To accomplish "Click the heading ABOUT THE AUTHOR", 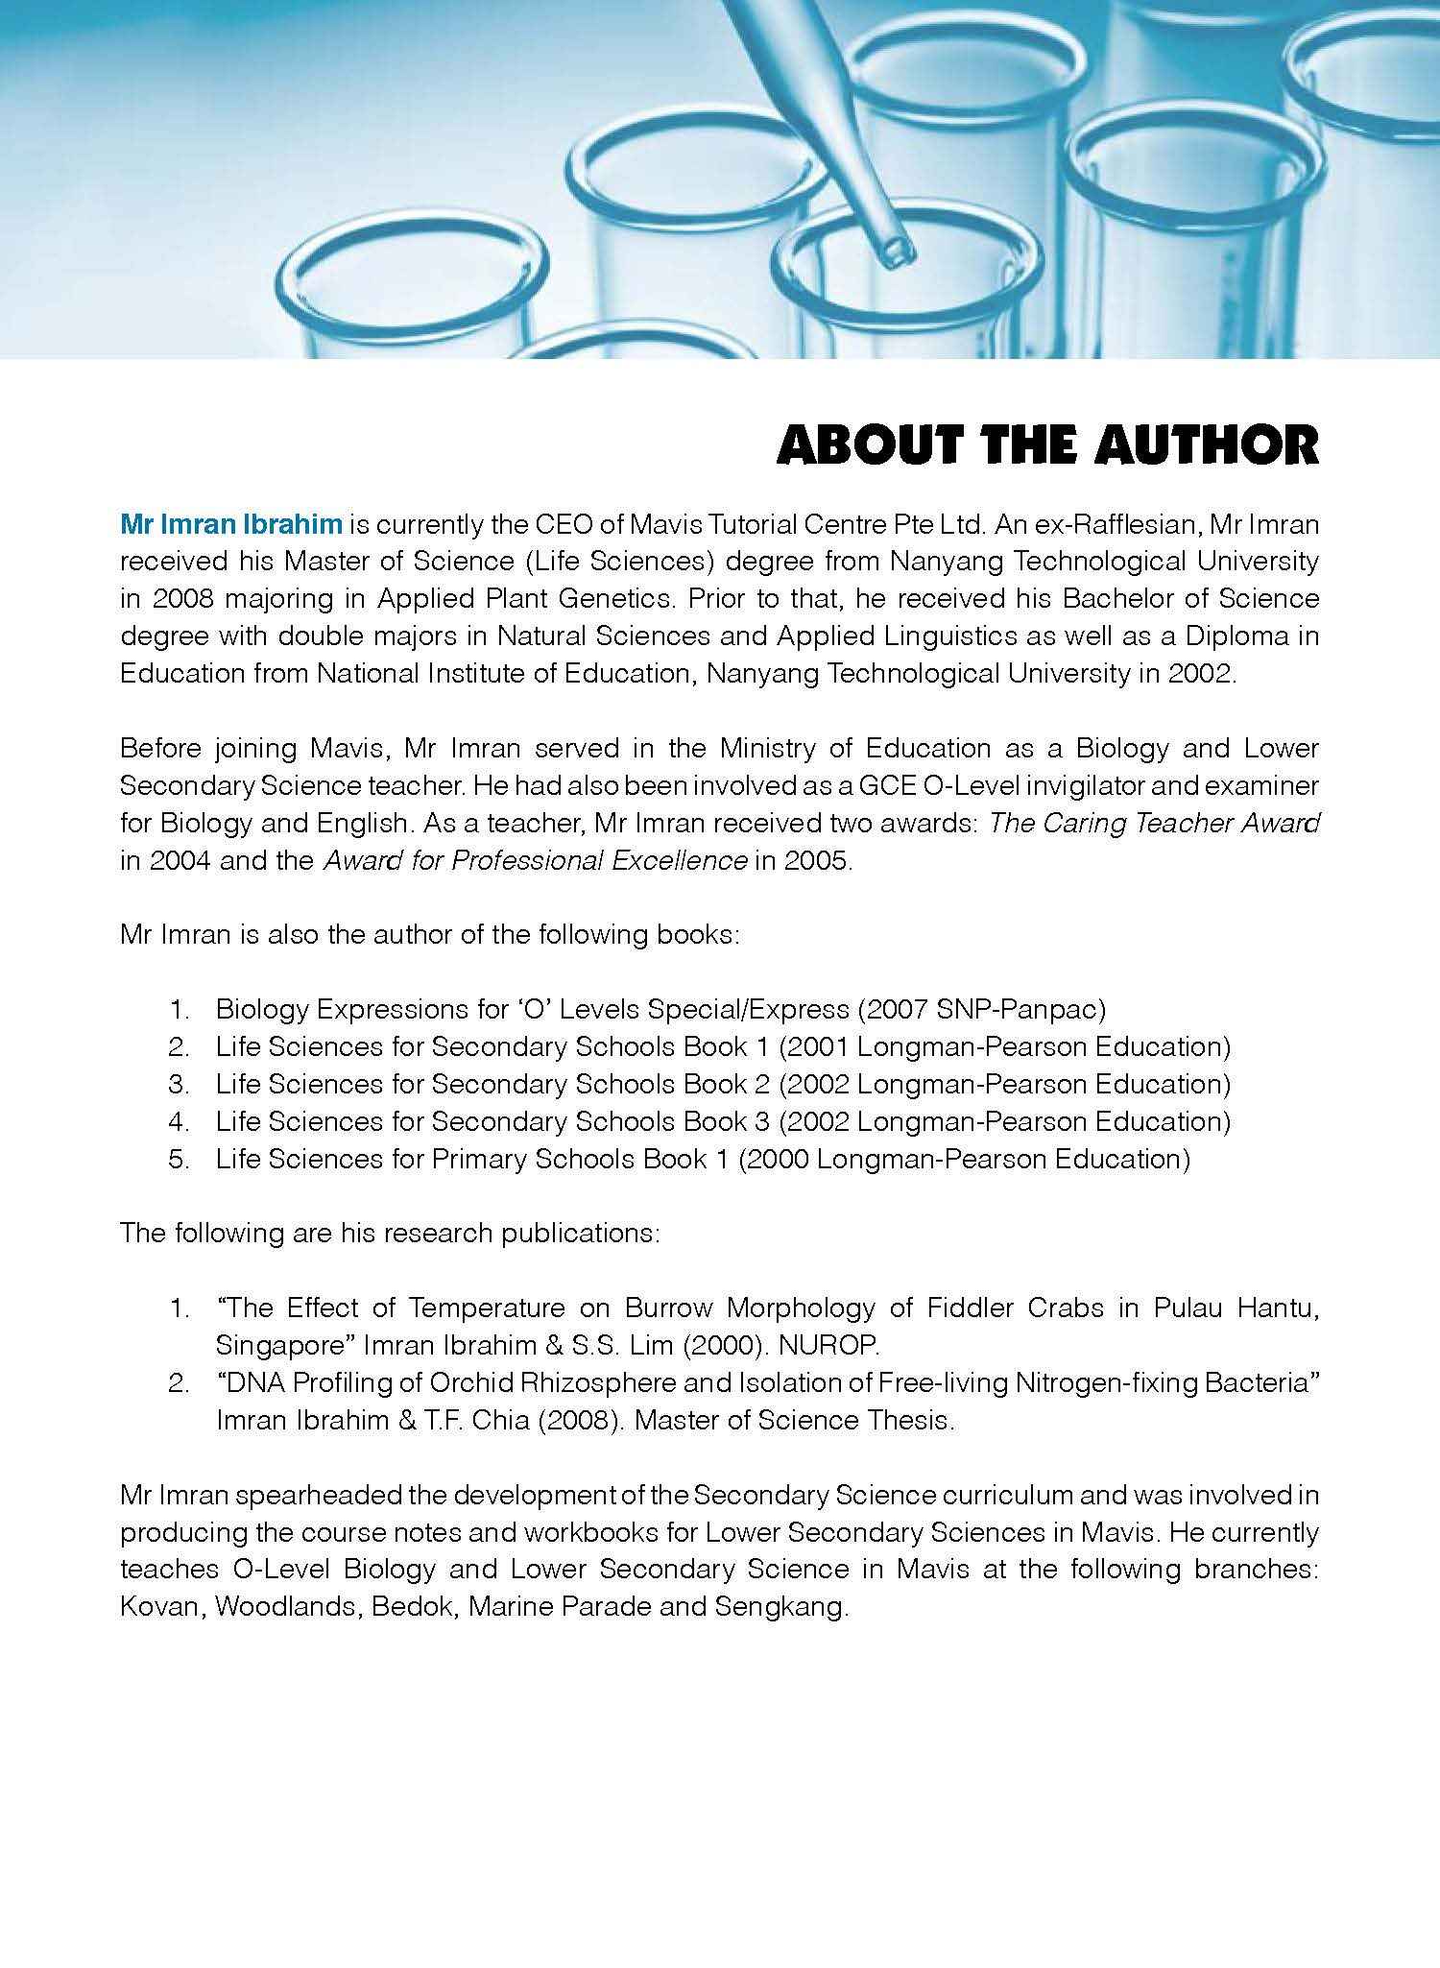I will (x=1047, y=445).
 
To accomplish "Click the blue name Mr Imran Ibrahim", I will (x=230, y=524).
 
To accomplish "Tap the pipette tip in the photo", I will (x=895, y=252).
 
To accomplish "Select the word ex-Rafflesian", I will (x=1120, y=524).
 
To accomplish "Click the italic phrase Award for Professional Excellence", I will (x=535, y=860).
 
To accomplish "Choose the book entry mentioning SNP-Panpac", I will (x=660, y=1009).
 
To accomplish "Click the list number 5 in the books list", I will (x=179, y=1159).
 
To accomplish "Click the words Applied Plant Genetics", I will (x=516, y=599).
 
